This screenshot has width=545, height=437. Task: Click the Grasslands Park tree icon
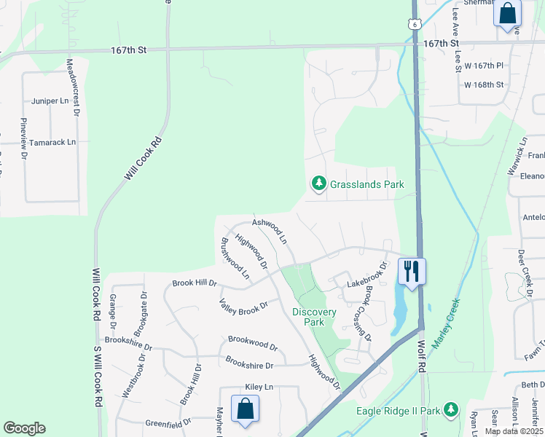coord(318,184)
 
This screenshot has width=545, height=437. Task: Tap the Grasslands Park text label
coord(366,185)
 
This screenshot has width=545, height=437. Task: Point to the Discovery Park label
coord(314,317)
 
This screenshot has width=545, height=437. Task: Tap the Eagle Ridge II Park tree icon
coord(451,410)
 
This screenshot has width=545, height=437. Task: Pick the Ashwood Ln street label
coord(270,230)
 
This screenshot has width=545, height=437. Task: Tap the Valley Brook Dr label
coord(244,307)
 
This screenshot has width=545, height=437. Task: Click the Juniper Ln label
coord(49,101)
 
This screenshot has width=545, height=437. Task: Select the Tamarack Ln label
coord(58,143)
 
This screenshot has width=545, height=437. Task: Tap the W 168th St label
coord(484,84)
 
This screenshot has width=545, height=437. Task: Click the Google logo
coord(25,428)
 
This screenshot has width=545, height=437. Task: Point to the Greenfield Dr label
coord(168,422)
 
